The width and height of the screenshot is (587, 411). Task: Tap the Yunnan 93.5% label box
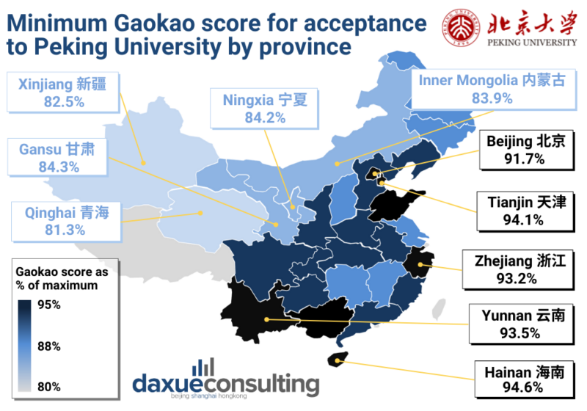(x=523, y=324)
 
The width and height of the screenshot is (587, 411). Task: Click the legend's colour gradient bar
(x=25, y=346)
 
